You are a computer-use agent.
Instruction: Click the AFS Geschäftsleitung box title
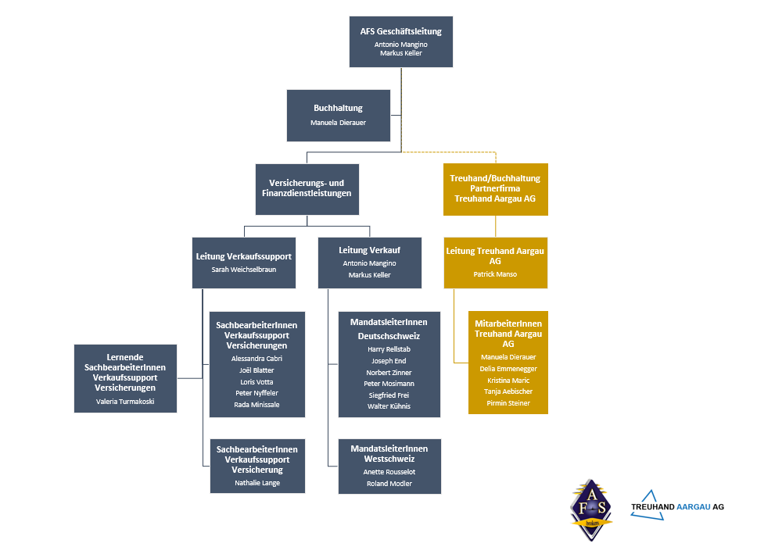pos(401,31)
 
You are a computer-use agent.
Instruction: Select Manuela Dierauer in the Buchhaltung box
pos(338,123)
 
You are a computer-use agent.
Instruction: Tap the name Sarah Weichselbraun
pos(243,270)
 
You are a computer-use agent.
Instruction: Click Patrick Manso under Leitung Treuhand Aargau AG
pos(495,274)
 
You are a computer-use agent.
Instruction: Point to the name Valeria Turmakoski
pos(125,401)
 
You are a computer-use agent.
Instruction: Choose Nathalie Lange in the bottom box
pos(257,483)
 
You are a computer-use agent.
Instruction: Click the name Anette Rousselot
pos(389,472)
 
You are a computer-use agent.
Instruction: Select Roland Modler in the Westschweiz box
pos(389,484)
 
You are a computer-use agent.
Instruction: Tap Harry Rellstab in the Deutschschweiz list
pos(389,349)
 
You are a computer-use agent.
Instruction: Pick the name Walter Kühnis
pos(389,406)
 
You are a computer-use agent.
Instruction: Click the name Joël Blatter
pos(257,370)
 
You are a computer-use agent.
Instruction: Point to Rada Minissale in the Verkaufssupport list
pos(257,405)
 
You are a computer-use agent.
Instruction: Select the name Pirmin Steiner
pos(508,403)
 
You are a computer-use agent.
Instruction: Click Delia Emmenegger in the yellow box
pos(508,369)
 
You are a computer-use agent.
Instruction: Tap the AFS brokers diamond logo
pos(591,509)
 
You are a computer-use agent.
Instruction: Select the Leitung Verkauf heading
pos(369,250)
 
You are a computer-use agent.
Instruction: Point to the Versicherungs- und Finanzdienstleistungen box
pos(307,188)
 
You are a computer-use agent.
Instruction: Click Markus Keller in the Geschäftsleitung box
pos(401,53)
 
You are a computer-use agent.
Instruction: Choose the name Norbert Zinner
pos(389,373)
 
